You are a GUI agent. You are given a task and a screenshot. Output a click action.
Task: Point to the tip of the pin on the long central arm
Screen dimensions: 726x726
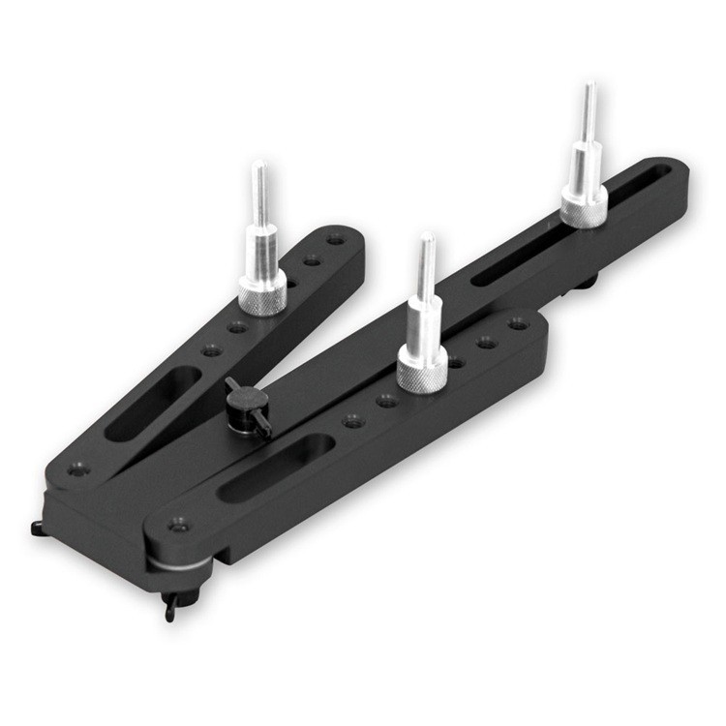click(588, 89)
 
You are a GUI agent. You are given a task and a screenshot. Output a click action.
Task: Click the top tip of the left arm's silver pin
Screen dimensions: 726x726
click(259, 167)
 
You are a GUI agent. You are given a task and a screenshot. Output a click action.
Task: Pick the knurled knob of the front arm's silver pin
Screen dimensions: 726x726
click(423, 372)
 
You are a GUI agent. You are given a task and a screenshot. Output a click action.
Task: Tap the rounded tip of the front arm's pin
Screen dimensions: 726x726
click(426, 237)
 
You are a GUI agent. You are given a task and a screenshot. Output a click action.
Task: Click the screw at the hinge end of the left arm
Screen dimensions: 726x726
click(78, 469)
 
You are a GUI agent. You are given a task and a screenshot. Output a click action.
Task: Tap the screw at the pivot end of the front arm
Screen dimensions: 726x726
click(177, 524)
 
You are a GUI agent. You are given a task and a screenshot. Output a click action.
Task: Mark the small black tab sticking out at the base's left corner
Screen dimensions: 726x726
click(40, 528)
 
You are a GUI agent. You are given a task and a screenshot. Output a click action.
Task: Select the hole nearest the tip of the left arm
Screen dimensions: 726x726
click(335, 238)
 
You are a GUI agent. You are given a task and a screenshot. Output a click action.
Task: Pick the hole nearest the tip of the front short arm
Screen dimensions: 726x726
click(519, 324)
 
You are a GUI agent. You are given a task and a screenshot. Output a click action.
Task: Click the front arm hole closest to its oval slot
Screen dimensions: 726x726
click(353, 420)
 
